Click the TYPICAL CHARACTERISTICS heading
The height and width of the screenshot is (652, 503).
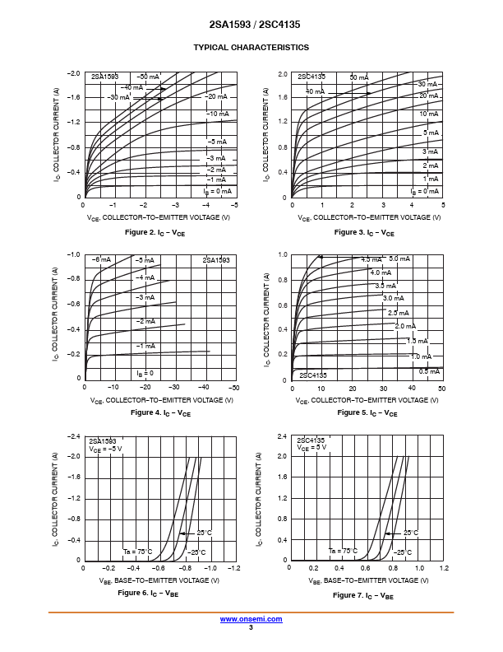[x=251, y=48]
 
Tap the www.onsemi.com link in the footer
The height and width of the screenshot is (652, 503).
[x=251, y=618]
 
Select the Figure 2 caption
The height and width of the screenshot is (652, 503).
[x=155, y=233]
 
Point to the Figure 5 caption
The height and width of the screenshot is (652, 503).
[x=367, y=412]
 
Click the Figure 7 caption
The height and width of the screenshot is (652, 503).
[x=363, y=595]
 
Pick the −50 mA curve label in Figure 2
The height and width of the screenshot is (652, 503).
[x=148, y=77]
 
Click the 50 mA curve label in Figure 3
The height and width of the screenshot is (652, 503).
[x=359, y=77]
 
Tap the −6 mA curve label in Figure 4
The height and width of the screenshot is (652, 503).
[x=101, y=259]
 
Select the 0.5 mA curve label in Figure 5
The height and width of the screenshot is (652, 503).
[x=429, y=371]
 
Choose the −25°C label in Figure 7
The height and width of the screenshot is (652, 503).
[x=401, y=552]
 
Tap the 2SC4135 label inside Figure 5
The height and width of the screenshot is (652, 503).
[x=312, y=375]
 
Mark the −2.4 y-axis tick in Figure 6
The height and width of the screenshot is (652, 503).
[x=74, y=435]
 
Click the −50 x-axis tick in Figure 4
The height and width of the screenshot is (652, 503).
[x=233, y=387]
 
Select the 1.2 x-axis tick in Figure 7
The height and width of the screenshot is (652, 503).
[x=444, y=568]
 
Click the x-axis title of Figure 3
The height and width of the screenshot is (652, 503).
[x=367, y=217]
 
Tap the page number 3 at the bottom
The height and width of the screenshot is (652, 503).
[x=251, y=627]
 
